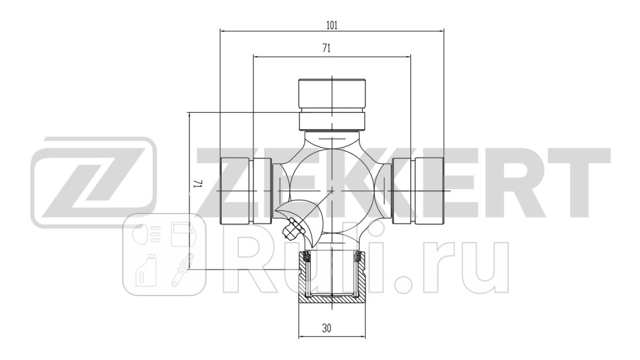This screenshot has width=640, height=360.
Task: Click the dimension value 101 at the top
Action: tap(332, 25)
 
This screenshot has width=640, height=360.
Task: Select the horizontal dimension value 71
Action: tap(327, 49)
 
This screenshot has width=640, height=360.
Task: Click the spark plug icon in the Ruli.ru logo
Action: tap(181, 271)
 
